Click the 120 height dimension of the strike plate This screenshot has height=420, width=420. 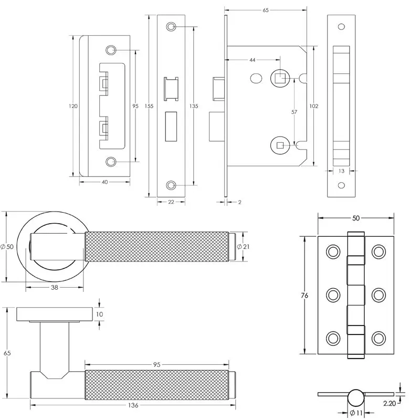[73, 106]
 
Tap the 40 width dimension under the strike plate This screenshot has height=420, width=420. [104, 182]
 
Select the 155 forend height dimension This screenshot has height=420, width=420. [149, 106]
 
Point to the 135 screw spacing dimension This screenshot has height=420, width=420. [194, 106]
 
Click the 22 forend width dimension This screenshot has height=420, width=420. [171, 202]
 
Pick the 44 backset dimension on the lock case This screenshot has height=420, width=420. [253, 60]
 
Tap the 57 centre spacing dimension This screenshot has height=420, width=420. [294, 112]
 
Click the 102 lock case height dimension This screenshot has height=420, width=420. [313, 106]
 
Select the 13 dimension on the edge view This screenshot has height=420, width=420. [341, 171]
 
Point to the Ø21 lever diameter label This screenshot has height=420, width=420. [243, 246]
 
